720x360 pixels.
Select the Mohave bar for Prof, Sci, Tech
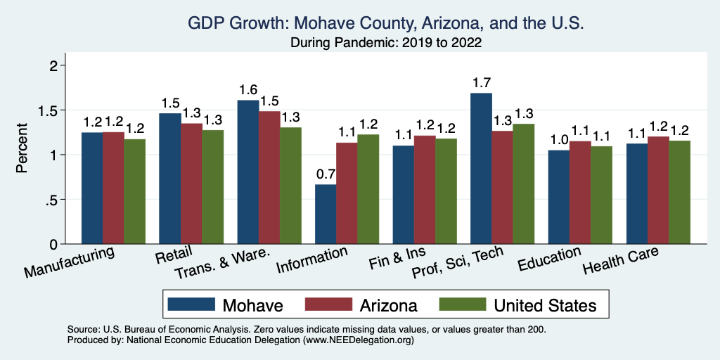(x=481, y=169)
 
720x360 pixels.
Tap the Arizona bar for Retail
(x=191, y=184)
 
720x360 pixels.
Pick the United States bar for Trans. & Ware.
(x=290, y=186)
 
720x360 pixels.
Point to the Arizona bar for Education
(x=580, y=193)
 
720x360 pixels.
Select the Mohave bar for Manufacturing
(x=92, y=188)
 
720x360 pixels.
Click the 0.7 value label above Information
(x=325, y=173)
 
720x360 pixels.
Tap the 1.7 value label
(x=481, y=82)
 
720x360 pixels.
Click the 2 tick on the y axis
(x=62, y=65)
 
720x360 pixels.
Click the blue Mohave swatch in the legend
(x=191, y=304)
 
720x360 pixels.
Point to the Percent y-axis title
(x=22, y=148)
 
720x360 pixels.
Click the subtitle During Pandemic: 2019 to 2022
(x=386, y=42)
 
